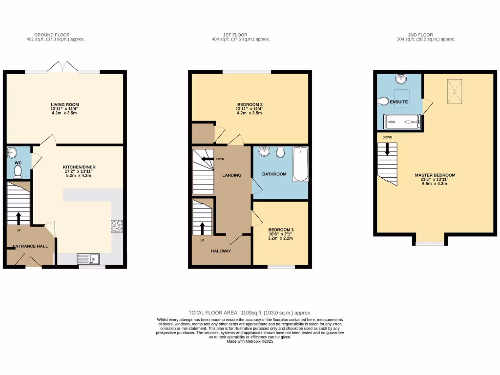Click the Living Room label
point(65,104)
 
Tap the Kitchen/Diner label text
point(79,167)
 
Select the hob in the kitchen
point(117,225)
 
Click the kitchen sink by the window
point(88,259)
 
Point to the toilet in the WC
point(18,171)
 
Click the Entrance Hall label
point(30,246)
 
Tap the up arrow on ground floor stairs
point(19,218)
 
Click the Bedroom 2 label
point(250,104)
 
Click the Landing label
point(231,175)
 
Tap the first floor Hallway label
point(221,250)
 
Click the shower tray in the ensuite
point(402,122)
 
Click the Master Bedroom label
point(435,175)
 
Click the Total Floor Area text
point(250,312)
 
